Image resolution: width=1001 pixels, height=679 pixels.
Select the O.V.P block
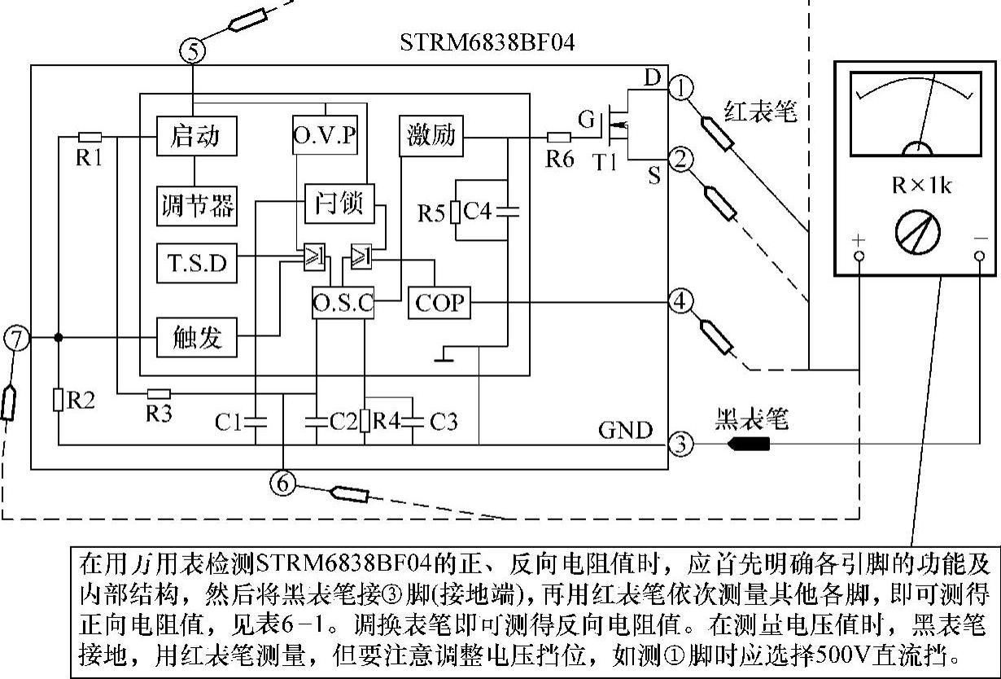[325, 134]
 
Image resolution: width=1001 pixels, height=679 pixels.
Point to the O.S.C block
[343, 304]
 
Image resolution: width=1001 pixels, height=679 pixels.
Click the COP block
[439, 303]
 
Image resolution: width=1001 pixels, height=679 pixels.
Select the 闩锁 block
[339, 203]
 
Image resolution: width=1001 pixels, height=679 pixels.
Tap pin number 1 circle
[680, 86]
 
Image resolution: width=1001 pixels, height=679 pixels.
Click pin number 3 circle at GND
[680, 445]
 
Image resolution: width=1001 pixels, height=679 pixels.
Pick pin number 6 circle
[283, 484]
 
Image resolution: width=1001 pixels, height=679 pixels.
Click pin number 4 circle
[680, 302]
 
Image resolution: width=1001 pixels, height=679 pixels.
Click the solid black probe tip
[747, 445]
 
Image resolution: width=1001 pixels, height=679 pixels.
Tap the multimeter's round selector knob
[917, 233]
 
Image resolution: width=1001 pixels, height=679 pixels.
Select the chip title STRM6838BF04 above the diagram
[487, 42]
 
